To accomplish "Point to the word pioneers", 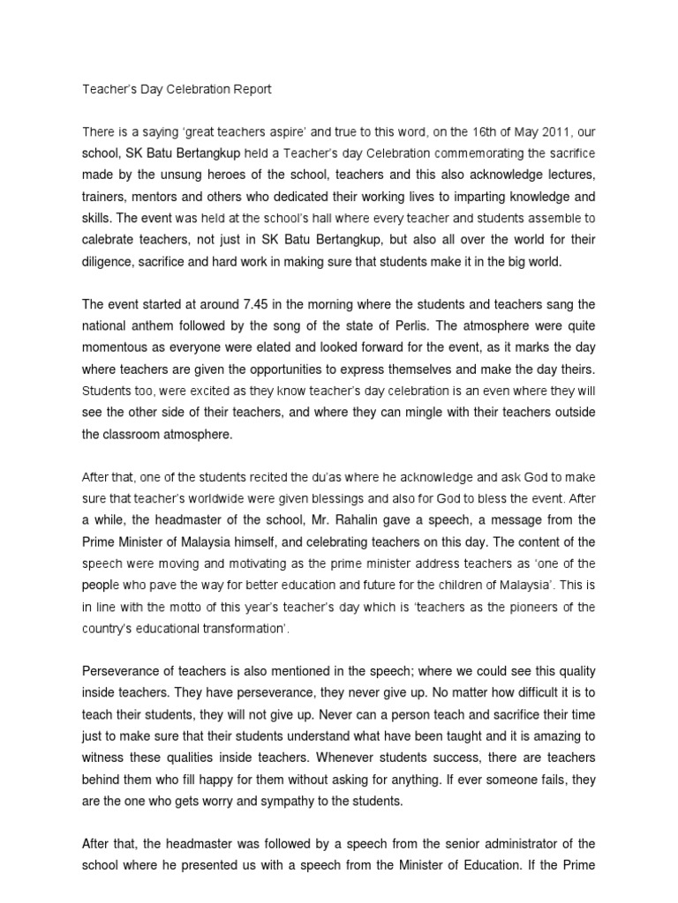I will (x=533, y=607).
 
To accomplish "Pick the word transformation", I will (x=239, y=628).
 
